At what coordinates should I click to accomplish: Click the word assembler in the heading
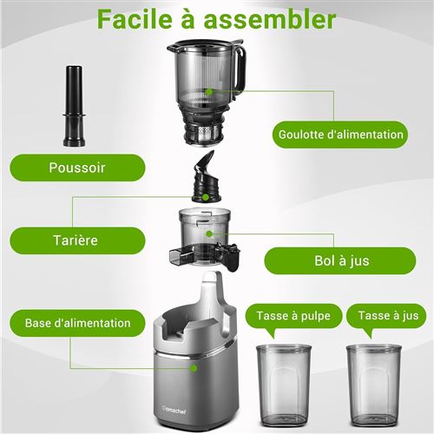point(270,19)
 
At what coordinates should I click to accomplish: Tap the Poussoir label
point(77,168)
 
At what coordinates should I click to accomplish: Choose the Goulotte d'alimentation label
point(340,135)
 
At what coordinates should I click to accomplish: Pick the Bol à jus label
point(340,260)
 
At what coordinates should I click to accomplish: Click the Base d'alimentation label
point(77,323)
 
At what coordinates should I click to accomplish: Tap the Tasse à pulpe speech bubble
point(293,316)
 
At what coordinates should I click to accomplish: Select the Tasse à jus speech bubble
point(386,316)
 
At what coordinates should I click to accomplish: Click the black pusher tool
point(74,106)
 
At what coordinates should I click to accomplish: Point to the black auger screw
point(206,176)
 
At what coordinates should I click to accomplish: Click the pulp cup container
point(284,385)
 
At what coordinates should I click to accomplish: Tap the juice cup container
point(374,385)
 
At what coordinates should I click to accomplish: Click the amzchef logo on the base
point(174,411)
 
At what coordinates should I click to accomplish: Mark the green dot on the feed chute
point(209,92)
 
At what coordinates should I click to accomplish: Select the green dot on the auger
point(205,197)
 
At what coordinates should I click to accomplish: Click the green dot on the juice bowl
point(209,233)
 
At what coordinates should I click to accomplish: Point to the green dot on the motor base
point(194,368)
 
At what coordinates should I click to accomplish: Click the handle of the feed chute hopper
point(241,68)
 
